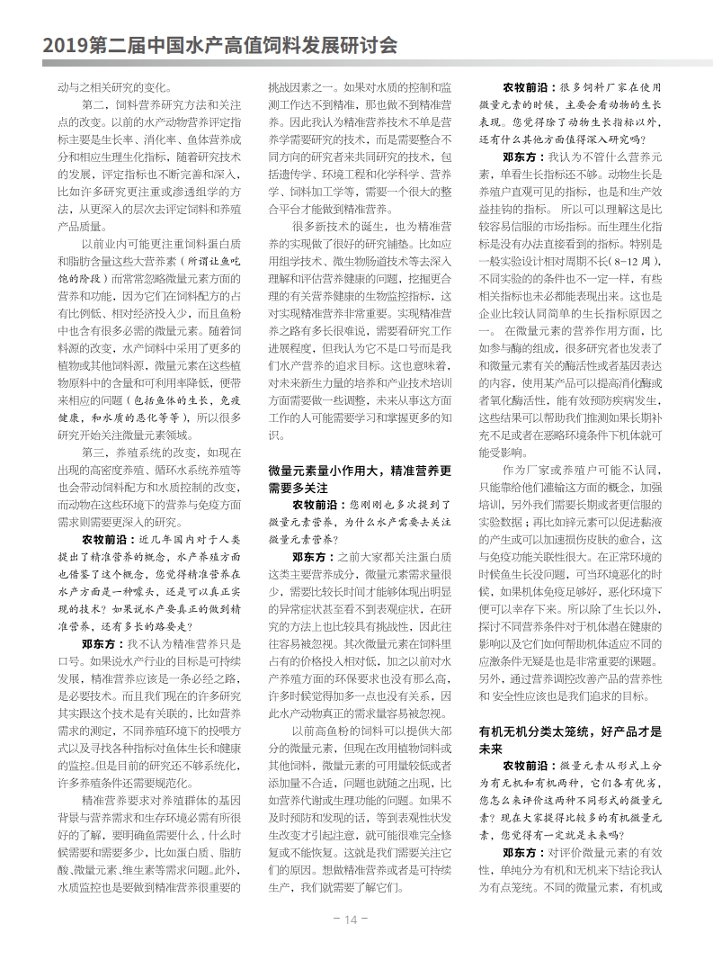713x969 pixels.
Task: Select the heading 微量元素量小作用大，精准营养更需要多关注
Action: [359, 479]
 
